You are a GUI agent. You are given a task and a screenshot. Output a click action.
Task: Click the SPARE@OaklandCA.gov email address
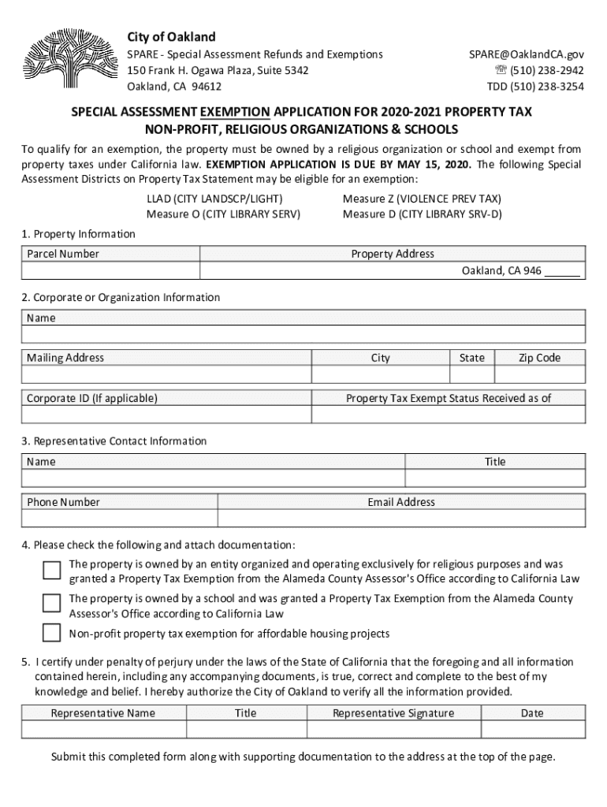[527, 54]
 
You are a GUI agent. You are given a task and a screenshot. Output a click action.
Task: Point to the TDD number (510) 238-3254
[535, 87]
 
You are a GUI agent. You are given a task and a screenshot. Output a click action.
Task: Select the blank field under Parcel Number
[110, 270]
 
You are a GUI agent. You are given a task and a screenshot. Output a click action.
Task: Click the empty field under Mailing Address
[167, 374]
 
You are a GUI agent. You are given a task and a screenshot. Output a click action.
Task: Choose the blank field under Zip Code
[540, 374]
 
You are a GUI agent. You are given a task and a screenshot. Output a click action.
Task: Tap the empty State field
[471, 374]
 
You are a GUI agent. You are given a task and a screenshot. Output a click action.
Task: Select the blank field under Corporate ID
[167, 415]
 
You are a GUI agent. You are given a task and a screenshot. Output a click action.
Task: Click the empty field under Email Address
[401, 518]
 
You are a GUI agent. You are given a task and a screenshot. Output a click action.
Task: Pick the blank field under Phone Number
[120, 518]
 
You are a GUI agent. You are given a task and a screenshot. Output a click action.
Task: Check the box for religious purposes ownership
[51, 571]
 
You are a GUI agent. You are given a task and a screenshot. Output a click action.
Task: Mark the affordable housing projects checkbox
[51, 633]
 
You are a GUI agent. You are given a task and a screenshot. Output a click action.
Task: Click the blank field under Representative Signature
[393, 729]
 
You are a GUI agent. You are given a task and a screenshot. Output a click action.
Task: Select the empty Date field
[532, 729]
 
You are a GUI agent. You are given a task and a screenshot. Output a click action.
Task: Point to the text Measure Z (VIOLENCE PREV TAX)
[422, 199]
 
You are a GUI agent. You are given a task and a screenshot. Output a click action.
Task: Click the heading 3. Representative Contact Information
[114, 441]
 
